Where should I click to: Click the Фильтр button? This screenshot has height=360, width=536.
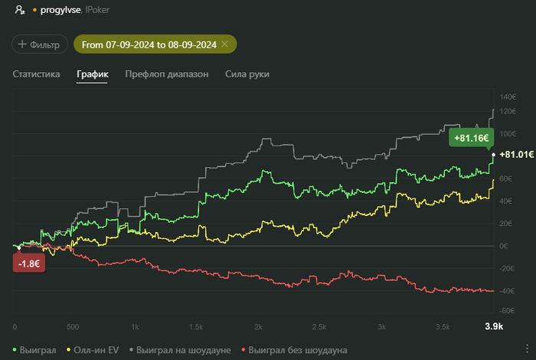point(40,44)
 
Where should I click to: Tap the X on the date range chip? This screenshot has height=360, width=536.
point(224,44)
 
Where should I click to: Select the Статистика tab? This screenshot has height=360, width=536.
point(37,74)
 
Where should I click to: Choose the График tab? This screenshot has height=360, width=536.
point(92,74)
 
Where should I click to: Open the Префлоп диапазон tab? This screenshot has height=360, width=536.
point(166,74)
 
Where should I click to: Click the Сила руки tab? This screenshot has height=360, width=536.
point(247,74)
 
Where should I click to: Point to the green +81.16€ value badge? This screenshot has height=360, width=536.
point(471,138)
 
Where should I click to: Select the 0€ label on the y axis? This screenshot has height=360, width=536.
point(504,246)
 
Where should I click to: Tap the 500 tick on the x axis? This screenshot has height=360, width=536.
point(73,326)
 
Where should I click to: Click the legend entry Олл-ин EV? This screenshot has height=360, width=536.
point(95,349)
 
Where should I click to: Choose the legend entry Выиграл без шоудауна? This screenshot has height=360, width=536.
point(294,349)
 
